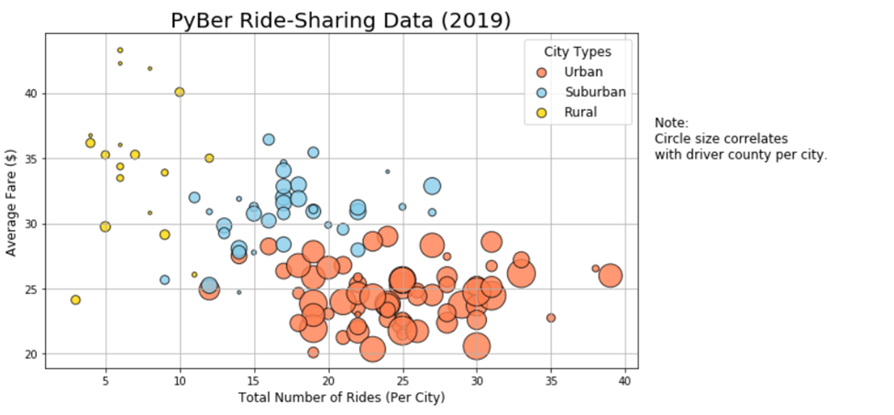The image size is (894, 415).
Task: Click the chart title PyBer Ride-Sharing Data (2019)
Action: (341, 20)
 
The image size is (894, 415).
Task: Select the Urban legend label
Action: (583, 72)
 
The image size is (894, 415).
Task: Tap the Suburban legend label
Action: (595, 93)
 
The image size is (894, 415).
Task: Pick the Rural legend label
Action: (580, 113)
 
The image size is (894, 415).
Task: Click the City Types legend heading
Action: (577, 52)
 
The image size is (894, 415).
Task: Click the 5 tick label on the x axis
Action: (105, 380)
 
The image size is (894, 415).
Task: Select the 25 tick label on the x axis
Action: (402, 380)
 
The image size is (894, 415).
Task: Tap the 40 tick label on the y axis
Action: (31, 93)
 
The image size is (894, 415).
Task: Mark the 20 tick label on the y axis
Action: (31, 355)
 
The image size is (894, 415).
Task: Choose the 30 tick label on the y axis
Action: (31, 224)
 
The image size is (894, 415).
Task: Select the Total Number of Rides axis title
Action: (341, 399)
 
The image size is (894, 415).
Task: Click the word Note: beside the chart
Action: (671, 123)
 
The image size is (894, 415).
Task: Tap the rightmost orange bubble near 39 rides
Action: (611, 275)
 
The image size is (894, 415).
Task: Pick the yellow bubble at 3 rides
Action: (75, 300)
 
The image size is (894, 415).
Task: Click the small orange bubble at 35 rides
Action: (551, 318)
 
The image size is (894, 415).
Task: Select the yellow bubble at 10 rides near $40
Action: (180, 92)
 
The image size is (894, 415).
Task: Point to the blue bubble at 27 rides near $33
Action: (432, 186)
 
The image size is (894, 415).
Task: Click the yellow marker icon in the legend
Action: (542, 113)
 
